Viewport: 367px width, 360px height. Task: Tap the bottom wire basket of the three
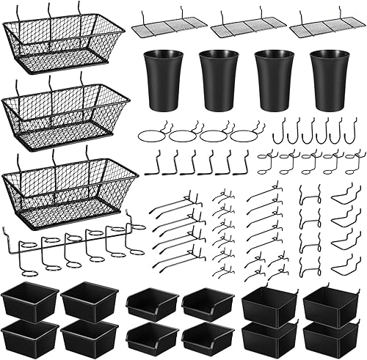pos(69,187)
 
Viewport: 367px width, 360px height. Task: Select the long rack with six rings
pos(73,246)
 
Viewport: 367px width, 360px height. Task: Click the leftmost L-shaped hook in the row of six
pos(152,163)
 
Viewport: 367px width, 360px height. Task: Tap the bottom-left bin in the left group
pos(29,336)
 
